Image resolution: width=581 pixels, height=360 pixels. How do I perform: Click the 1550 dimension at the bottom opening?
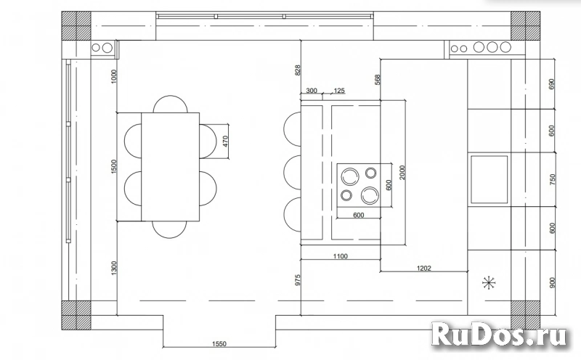[x=219, y=344]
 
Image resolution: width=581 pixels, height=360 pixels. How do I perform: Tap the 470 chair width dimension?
[x=226, y=142]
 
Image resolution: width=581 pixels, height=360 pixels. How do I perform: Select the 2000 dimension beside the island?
[x=402, y=173]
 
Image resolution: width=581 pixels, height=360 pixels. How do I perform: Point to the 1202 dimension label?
[x=424, y=268]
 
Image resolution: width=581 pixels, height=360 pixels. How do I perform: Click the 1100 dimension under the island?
[x=340, y=256]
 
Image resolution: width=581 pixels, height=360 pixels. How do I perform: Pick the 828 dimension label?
[x=298, y=70]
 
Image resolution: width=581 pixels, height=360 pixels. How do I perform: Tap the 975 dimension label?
[x=298, y=280]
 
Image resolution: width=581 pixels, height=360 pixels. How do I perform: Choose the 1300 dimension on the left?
[x=114, y=268]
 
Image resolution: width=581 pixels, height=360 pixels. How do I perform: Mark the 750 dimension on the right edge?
[x=553, y=179]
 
